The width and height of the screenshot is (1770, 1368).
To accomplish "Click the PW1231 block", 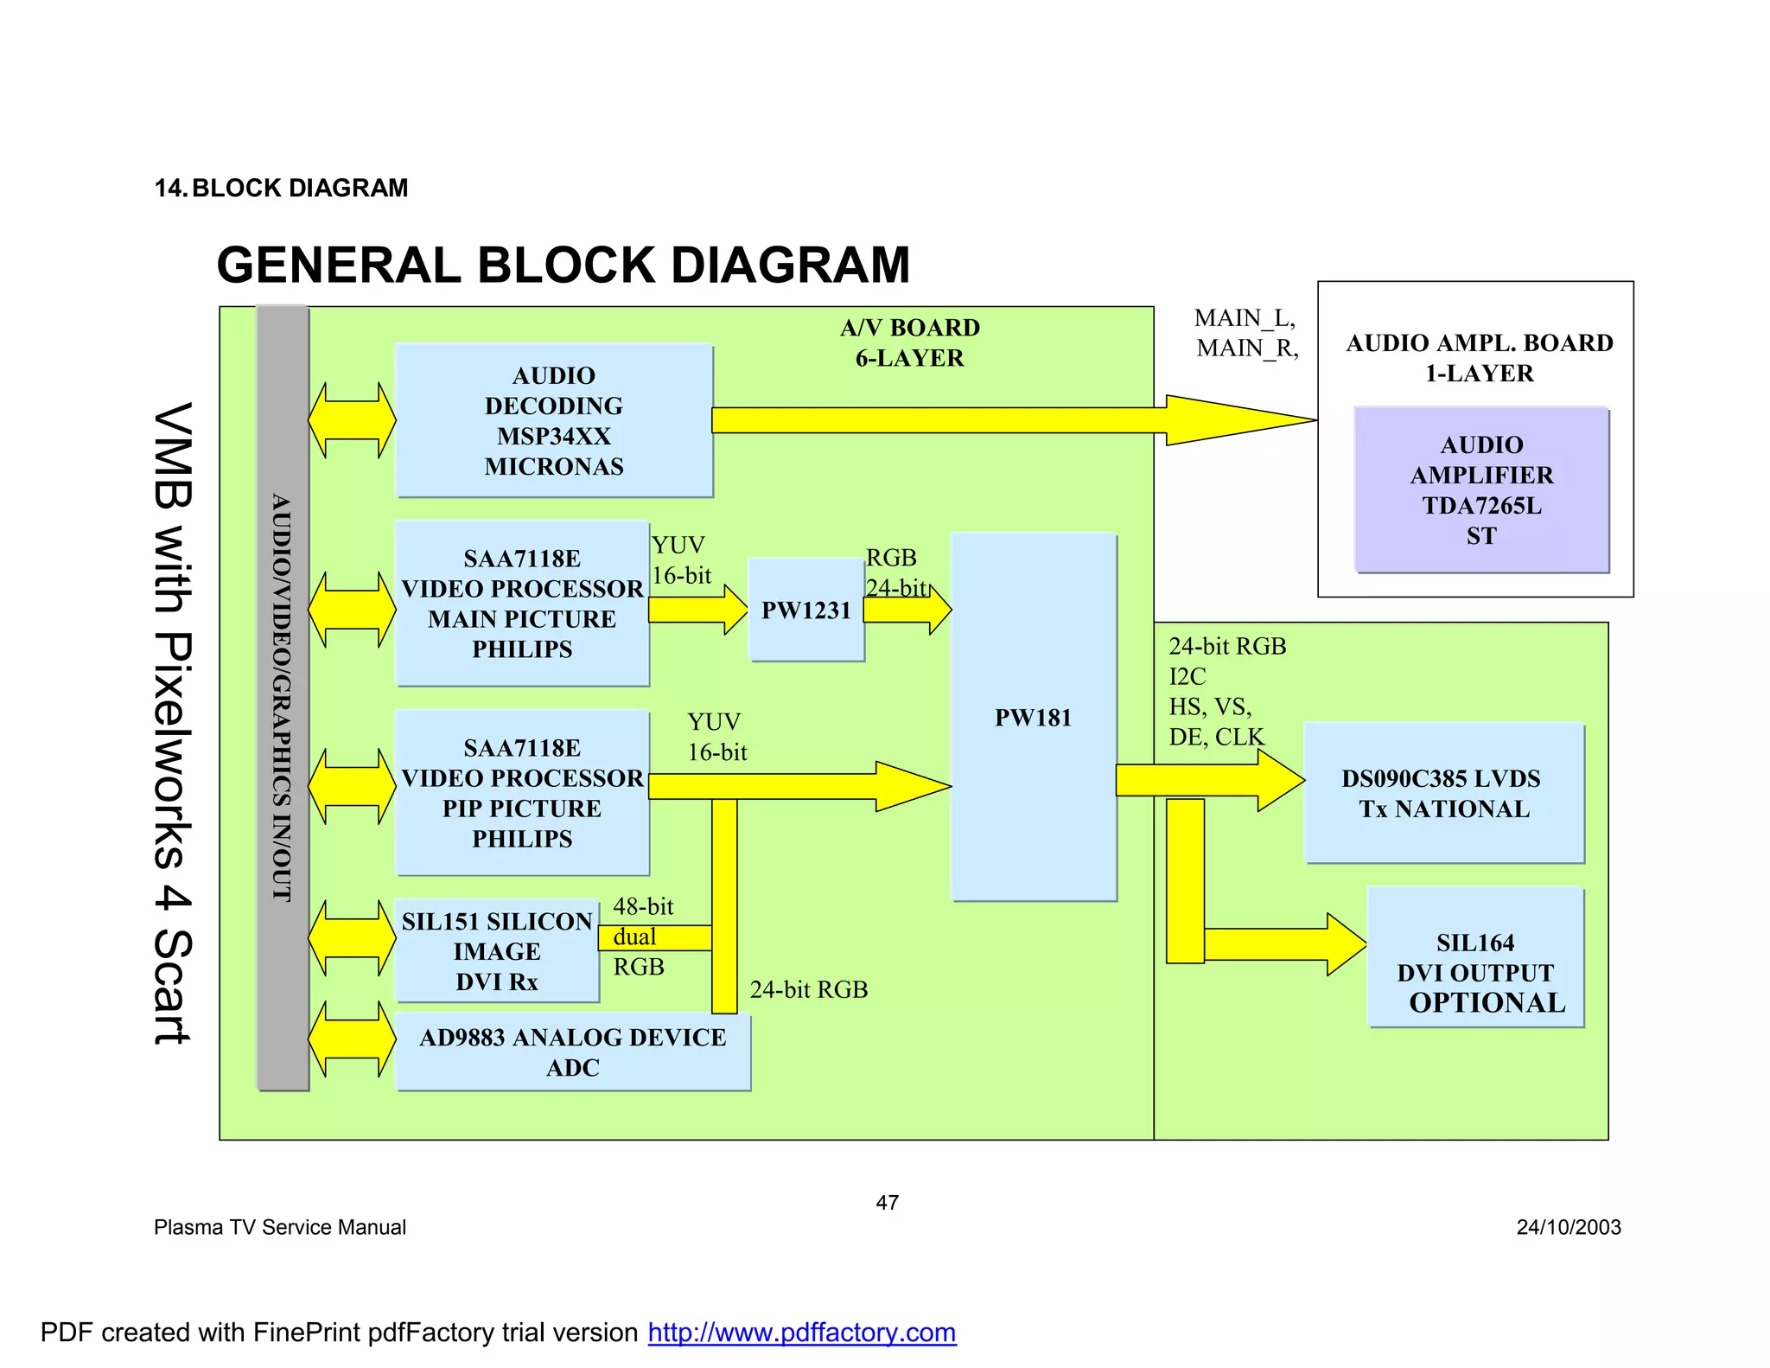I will (x=805, y=610).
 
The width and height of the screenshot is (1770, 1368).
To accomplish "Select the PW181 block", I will (x=1033, y=717).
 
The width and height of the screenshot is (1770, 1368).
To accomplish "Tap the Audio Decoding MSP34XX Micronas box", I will (x=553, y=420).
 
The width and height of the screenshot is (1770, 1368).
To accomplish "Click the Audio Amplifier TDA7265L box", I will (x=1480, y=489).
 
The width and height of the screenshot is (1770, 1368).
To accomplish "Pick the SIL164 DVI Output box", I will (x=1474, y=957).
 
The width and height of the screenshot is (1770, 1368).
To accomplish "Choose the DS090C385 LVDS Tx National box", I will (x=1442, y=793).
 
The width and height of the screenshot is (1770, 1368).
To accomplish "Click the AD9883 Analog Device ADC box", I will (x=572, y=1052).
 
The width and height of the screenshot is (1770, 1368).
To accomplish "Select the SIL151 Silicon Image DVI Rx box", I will (x=496, y=950).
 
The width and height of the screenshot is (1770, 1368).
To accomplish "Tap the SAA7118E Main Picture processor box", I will (x=521, y=603).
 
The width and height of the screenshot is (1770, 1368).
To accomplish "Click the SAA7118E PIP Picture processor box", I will (x=521, y=792).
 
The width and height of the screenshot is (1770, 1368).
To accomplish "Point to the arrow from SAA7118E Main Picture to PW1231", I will (x=697, y=610).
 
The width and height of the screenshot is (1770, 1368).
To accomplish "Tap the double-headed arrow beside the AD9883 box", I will (x=351, y=1039).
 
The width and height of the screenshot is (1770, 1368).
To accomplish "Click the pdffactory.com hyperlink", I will (x=801, y=1332).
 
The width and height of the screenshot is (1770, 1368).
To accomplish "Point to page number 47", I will (x=887, y=1202).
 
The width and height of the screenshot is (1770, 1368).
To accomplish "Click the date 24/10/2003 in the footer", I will (x=1568, y=1227).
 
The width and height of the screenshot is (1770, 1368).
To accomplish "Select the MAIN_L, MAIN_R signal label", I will (x=1245, y=333).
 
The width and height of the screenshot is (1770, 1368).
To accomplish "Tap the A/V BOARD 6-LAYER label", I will (x=909, y=342).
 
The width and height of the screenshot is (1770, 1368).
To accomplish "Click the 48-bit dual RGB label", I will (x=642, y=937).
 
